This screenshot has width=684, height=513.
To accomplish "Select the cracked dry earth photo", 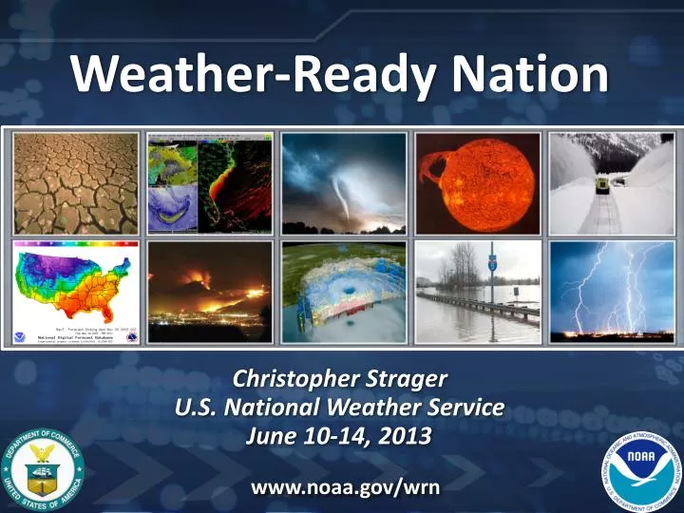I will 75,182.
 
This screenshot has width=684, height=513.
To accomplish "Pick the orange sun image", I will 479,182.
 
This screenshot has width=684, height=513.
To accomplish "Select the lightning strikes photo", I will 613,291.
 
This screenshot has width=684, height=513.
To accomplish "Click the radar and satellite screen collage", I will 210,182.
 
